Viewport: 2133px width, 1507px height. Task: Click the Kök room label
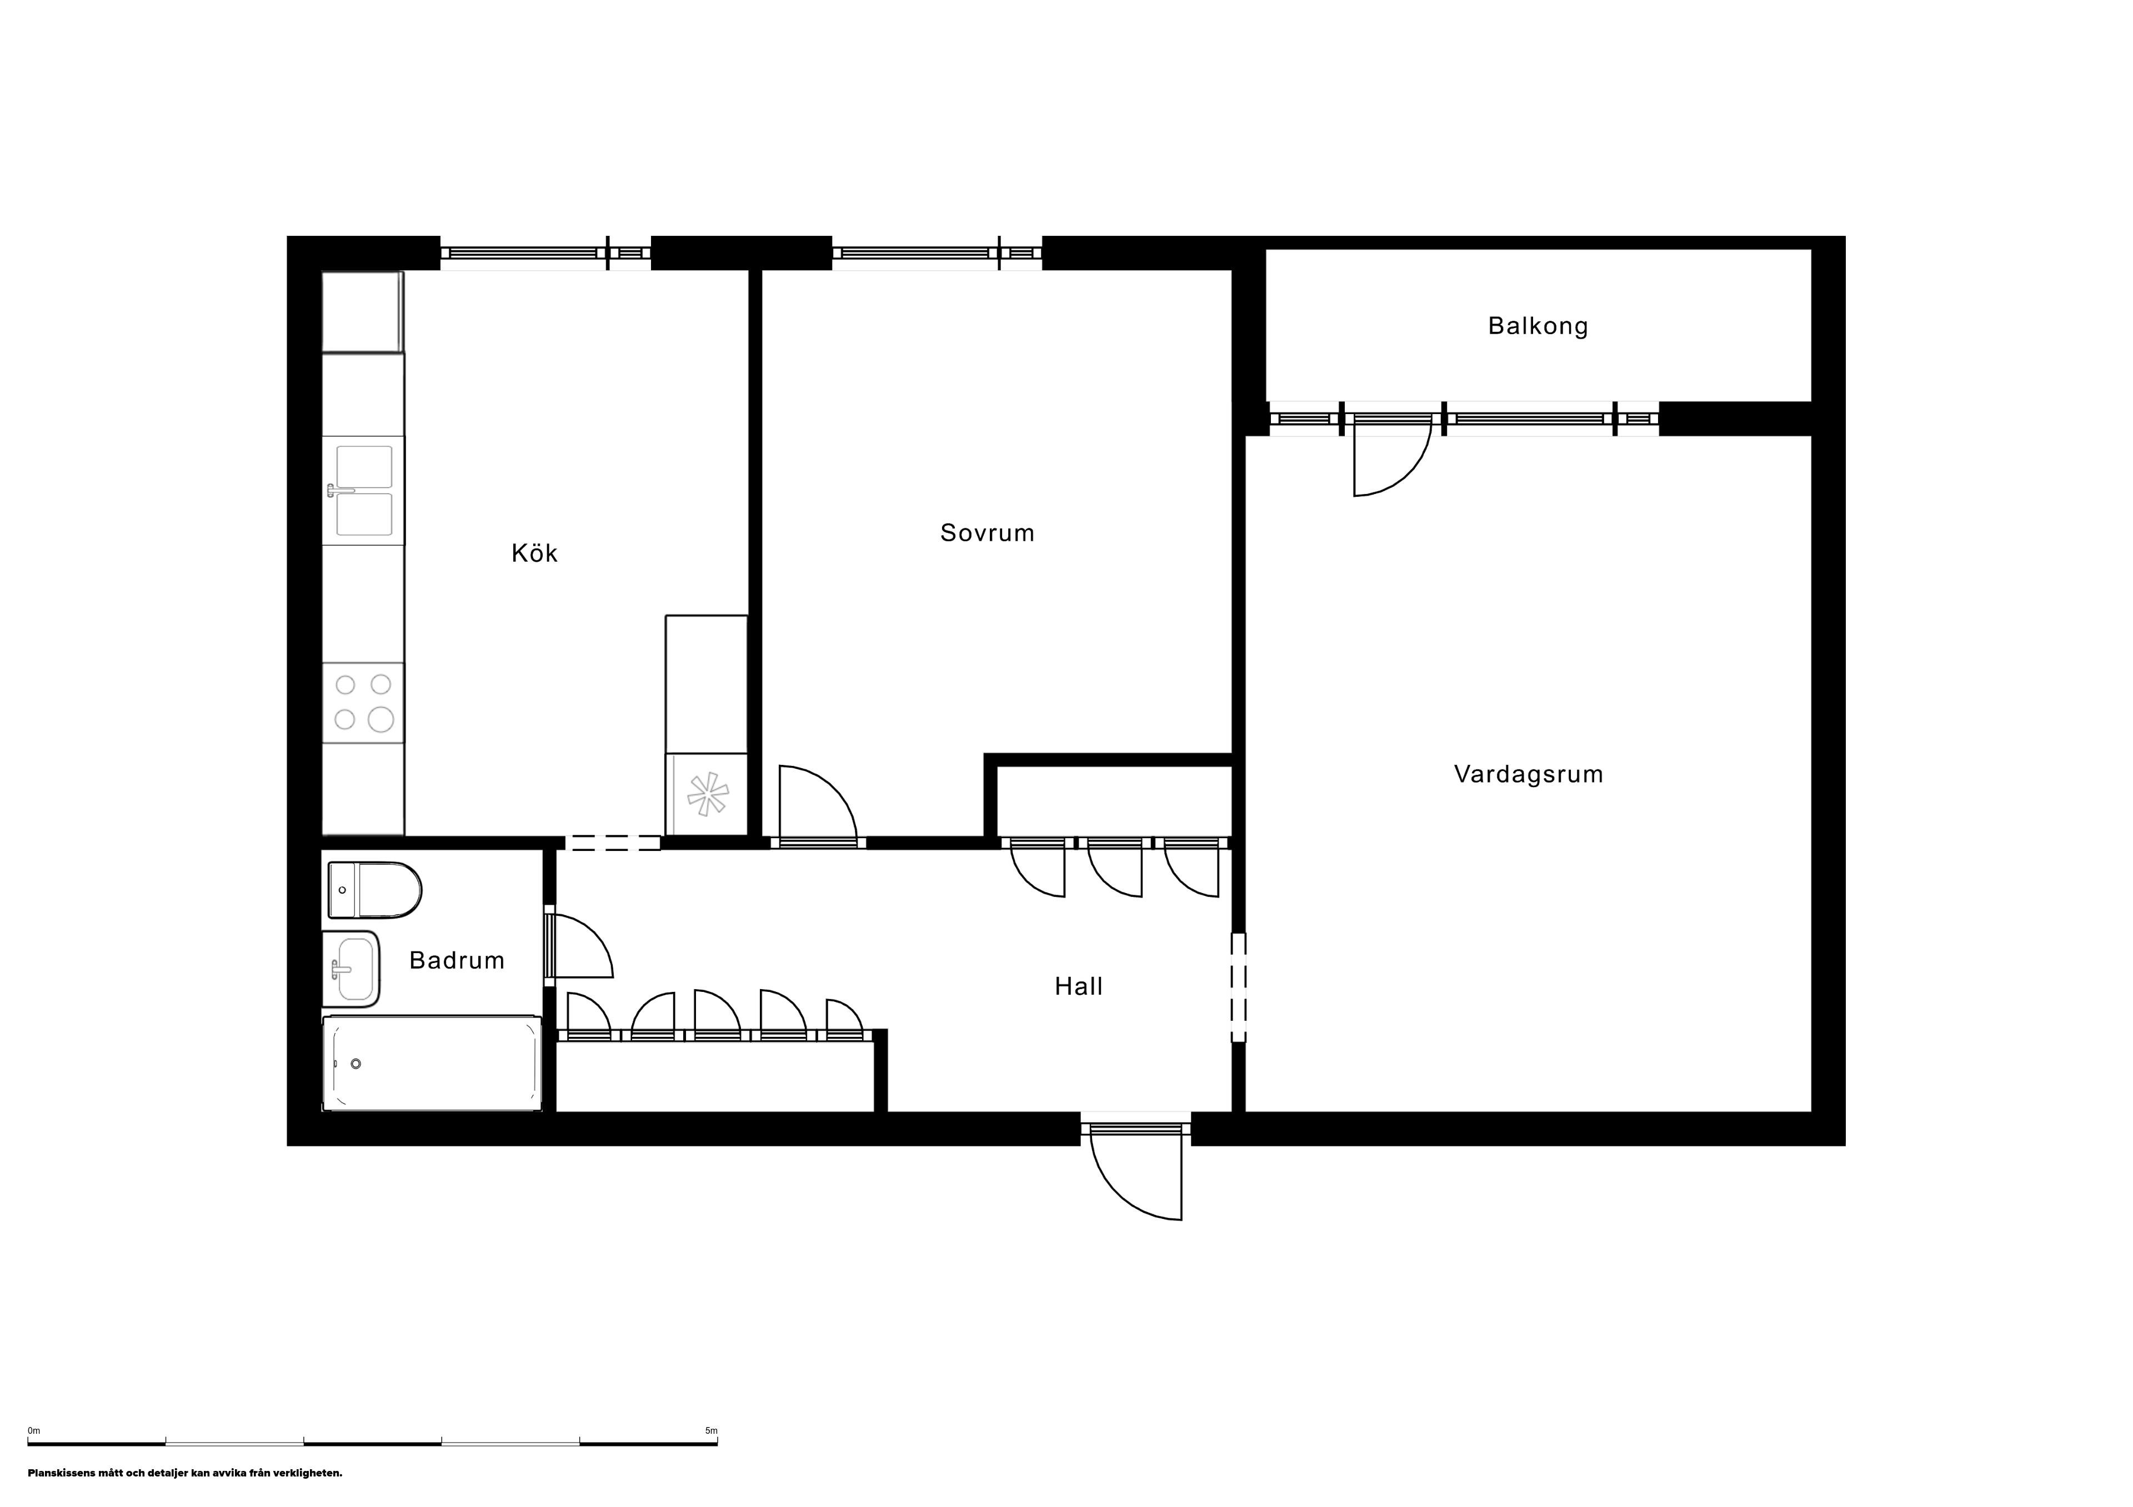[x=534, y=553]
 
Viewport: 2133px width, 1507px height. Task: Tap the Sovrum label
[x=987, y=533]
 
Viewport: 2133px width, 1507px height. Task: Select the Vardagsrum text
[x=1528, y=774]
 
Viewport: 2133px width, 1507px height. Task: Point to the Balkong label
[x=1538, y=326]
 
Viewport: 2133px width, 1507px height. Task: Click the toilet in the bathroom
[x=374, y=890]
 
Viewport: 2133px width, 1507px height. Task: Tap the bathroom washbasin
[x=351, y=969]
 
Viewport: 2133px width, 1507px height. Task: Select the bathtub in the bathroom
[x=432, y=1063]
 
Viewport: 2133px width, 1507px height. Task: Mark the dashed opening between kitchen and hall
[x=613, y=843]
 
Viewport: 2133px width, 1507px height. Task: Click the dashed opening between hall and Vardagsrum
[x=1238, y=987]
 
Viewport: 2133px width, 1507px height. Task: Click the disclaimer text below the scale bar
[x=185, y=1473]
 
